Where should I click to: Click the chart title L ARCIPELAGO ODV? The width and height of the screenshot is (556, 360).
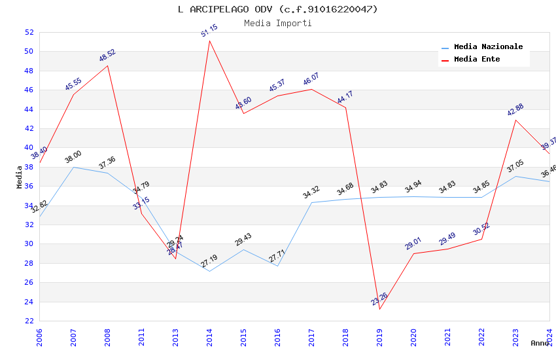coord(277,9)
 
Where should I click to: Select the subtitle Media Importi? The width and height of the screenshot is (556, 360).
coord(277,23)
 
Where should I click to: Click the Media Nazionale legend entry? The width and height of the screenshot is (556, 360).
coord(488,47)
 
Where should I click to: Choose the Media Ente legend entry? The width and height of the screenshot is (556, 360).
coord(477,60)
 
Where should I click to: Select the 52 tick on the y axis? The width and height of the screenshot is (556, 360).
coord(29,32)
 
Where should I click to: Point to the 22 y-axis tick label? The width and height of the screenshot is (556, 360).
coord(29,321)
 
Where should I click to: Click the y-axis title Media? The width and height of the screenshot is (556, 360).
coord(20,177)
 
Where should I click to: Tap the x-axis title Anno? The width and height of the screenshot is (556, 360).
coord(540,343)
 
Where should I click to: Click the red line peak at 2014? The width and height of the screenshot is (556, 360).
coord(209,41)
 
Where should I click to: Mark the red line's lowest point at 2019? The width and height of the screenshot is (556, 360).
coord(379,309)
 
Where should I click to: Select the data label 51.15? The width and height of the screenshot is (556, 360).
coord(209,30)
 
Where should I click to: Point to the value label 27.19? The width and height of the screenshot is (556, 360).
coord(209,262)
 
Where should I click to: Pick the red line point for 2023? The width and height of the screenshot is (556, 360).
coord(515,120)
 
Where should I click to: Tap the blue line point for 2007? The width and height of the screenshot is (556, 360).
coord(73,167)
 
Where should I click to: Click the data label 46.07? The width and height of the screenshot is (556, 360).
coord(311,80)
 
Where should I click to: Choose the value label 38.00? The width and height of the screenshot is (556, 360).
coord(73,158)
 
